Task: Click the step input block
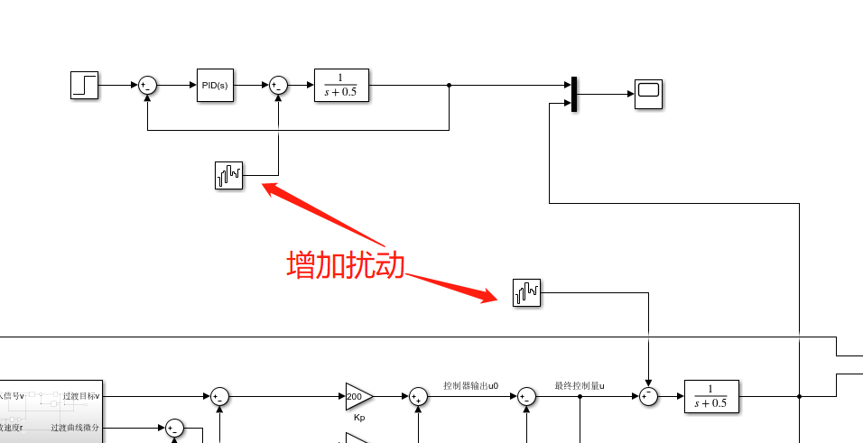(84, 85)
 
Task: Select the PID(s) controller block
(215, 86)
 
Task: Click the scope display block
(648, 94)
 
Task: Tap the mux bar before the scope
(573, 94)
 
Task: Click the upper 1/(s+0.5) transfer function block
(341, 86)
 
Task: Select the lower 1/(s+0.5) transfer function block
(711, 396)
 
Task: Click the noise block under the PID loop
(229, 175)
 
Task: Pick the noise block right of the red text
(527, 292)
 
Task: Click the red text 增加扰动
(345, 265)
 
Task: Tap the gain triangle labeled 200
(357, 396)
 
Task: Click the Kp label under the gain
(359, 419)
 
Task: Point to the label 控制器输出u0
(470, 385)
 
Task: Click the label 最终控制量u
(579, 385)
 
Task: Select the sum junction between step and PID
(147, 86)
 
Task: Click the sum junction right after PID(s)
(278, 86)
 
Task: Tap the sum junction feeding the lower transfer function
(648, 396)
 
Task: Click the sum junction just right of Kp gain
(418, 396)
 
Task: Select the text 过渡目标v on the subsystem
(82, 396)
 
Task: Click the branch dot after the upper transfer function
(450, 86)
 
